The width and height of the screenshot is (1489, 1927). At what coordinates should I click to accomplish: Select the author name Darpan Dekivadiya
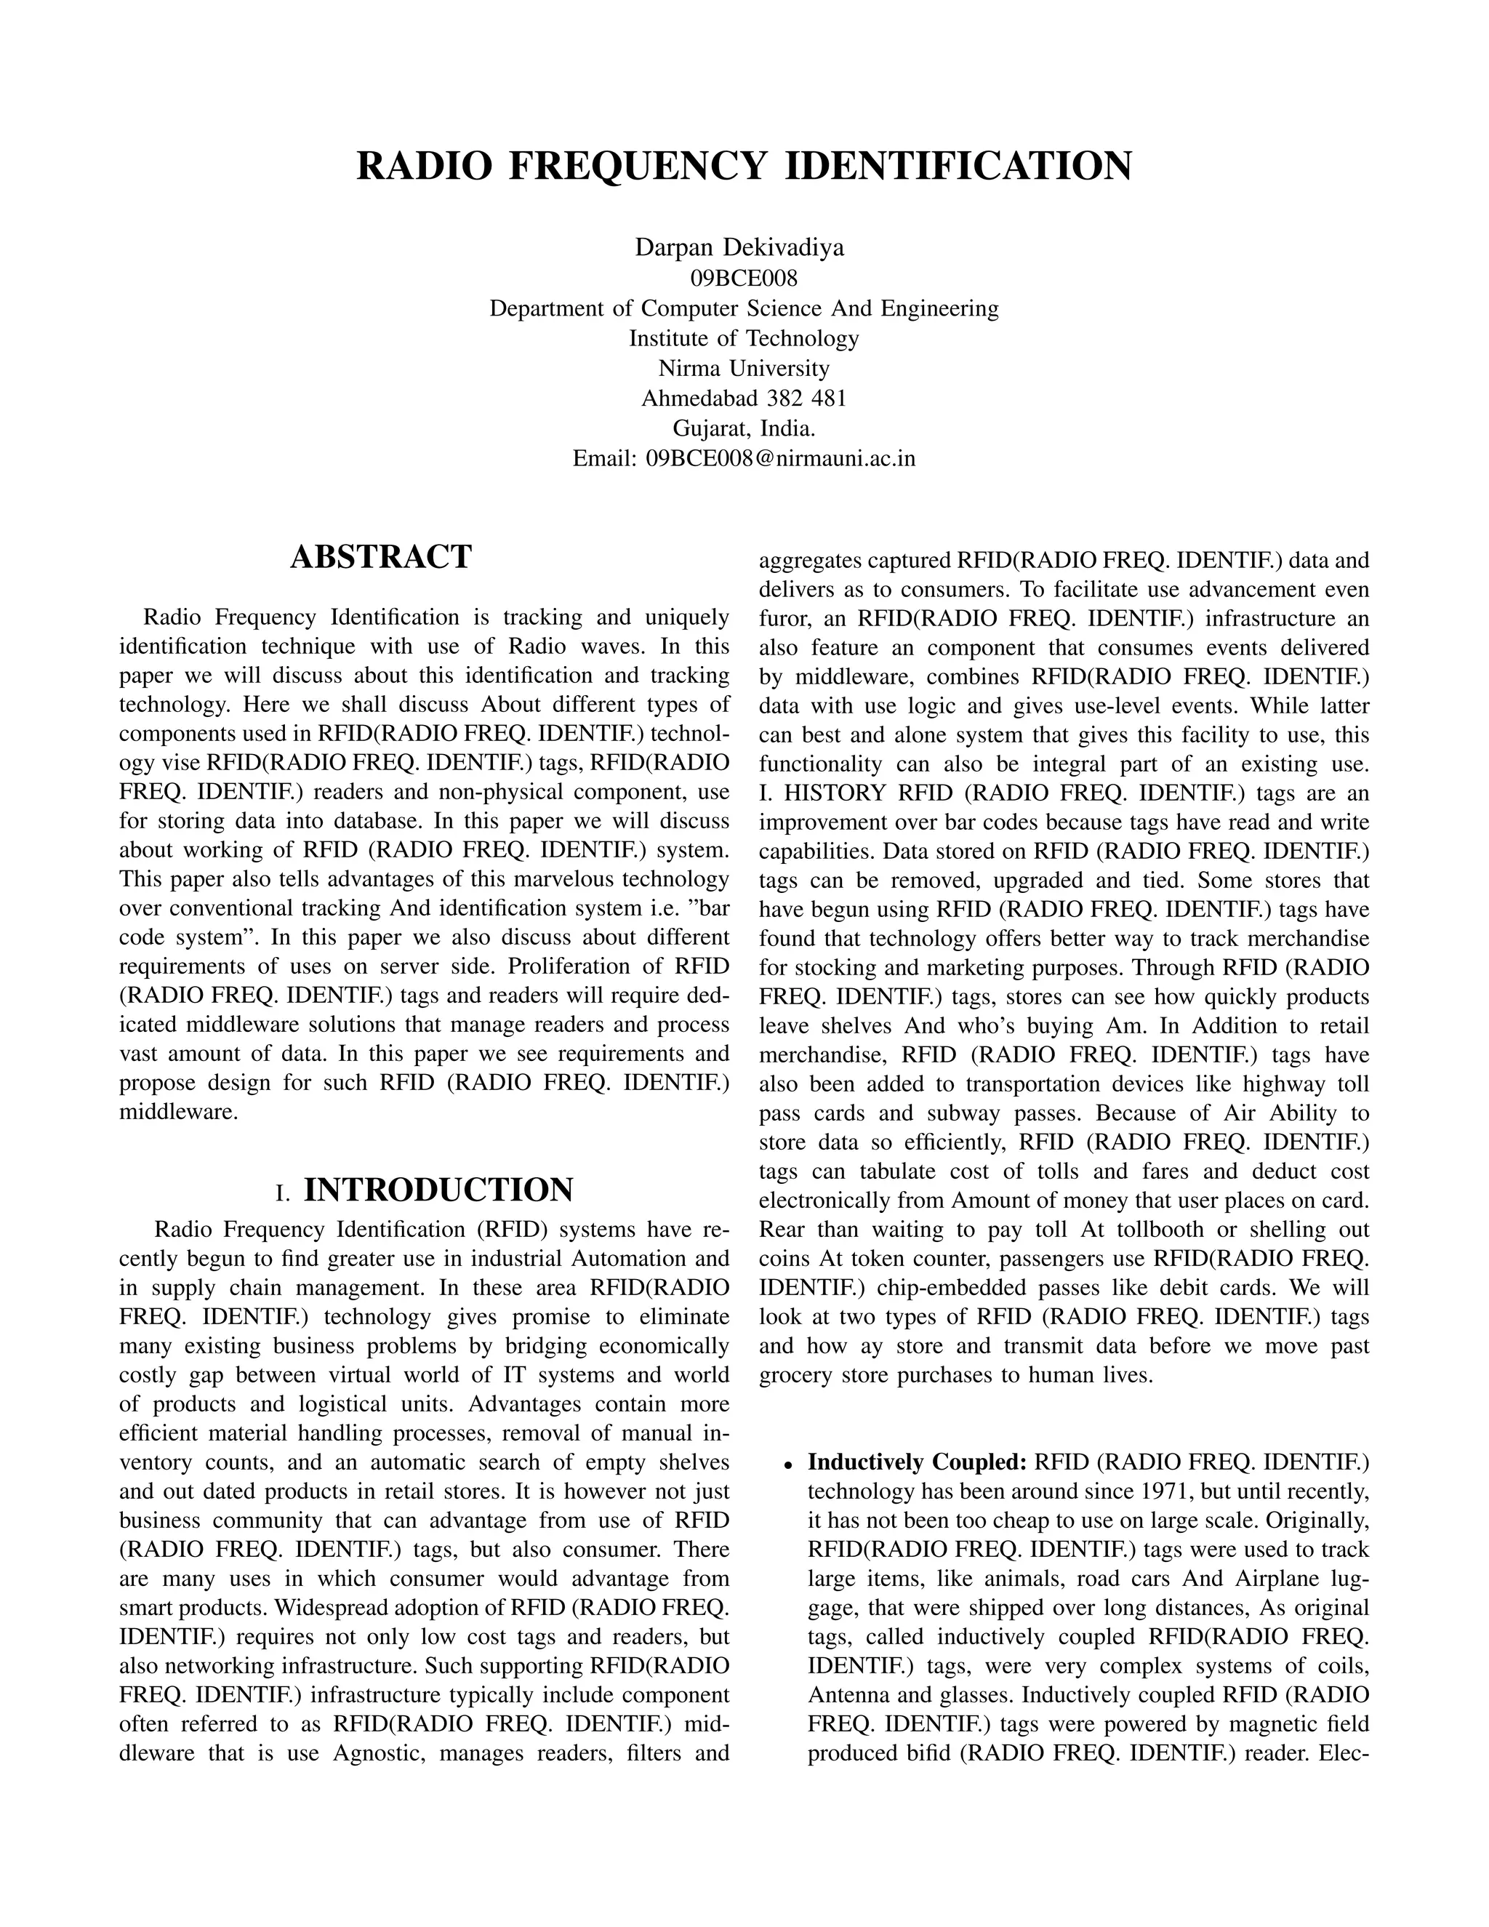[x=739, y=248]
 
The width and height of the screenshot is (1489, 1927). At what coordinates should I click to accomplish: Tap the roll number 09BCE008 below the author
[x=744, y=279]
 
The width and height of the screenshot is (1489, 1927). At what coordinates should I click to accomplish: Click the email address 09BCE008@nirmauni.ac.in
[x=781, y=459]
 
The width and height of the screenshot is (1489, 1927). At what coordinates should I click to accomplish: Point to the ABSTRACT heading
[x=381, y=558]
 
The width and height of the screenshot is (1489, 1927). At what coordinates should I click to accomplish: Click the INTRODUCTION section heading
[x=438, y=1190]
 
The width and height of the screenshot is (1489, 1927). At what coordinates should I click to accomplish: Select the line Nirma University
[x=744, y=368]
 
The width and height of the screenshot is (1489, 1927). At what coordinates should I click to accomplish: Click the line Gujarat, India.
[x=744, y=429]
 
